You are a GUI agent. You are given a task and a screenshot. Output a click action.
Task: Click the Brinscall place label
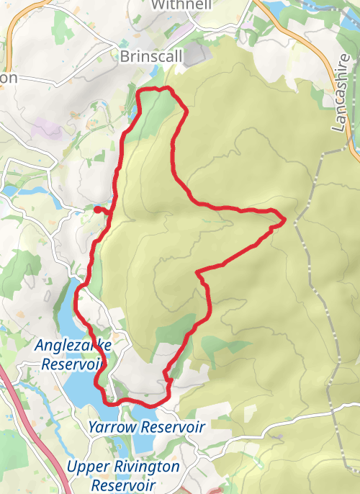coord(152,55)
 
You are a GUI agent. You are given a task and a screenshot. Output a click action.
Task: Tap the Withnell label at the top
coord(182,4)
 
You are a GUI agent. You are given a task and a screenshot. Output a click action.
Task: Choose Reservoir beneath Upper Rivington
coord(123,485)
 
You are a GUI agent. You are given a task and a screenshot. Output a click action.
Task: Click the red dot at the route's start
coord(97,210)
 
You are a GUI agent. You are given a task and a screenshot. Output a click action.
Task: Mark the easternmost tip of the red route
coord(285,218)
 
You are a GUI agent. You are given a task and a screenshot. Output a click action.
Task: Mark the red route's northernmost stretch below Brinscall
coord(155,89)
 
